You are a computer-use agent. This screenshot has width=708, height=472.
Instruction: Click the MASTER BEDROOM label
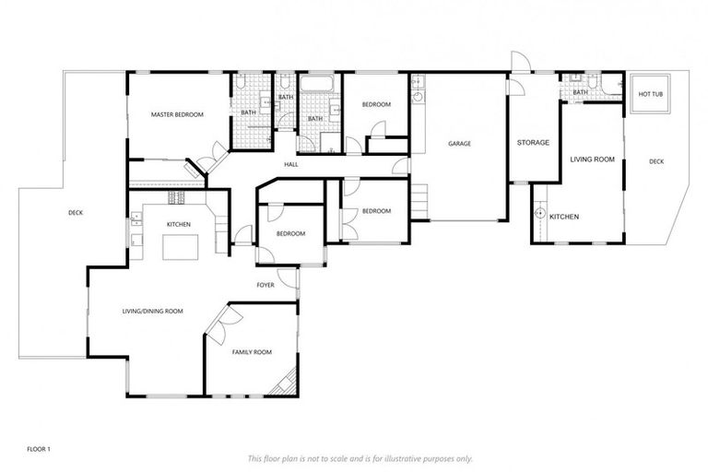pyautogui.click(x=177, y=114)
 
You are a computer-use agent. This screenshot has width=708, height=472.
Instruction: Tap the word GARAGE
pyautogui.click(x=460, y=144)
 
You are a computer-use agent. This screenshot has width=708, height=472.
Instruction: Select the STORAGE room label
pyautogui.click(x=533, y=143)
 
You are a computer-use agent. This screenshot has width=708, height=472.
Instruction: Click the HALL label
pyautogui.click(x=291, y=164)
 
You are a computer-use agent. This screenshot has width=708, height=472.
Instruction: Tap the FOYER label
pyautogui.click(x=265, y=285)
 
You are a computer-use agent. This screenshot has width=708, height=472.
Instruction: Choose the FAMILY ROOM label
pyautogui.click(x=251, y=352)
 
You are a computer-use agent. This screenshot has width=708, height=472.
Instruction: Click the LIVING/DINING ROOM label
pyautogui.click(x=152, y=312)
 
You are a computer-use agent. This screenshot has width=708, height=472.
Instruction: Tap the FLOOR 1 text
pyautogui.click(x=38, y=449)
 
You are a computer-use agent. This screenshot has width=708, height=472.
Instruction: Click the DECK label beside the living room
pyautogui.click(x=656, y=161)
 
